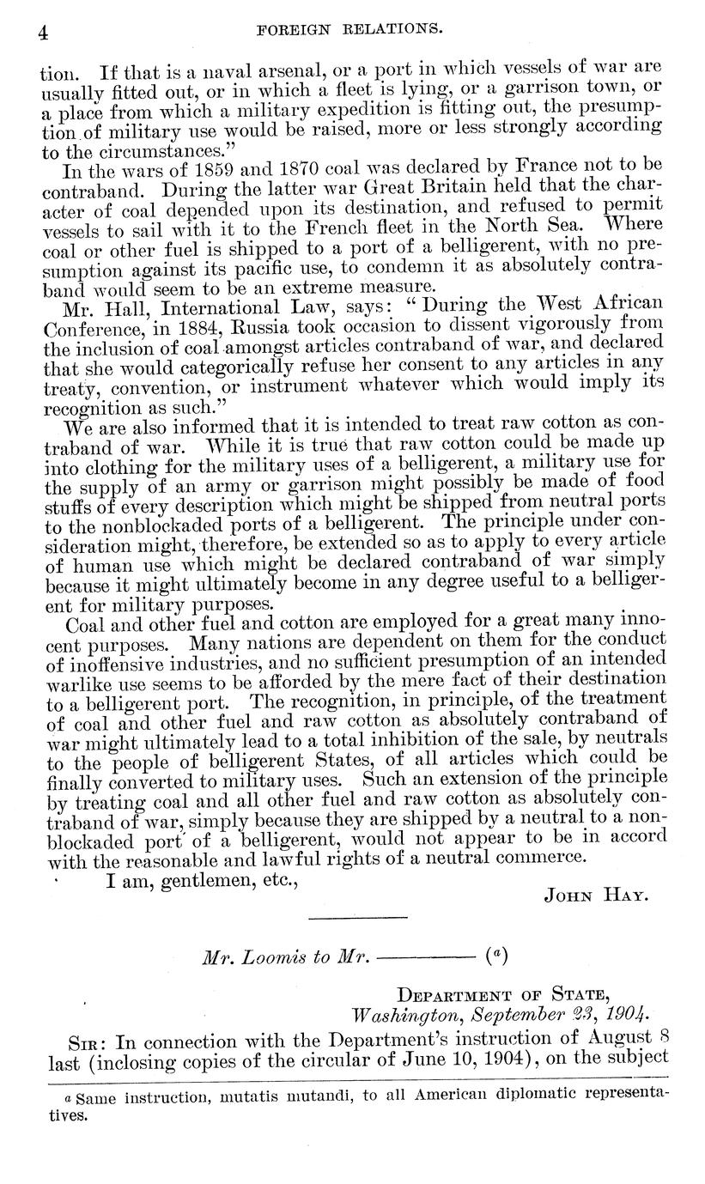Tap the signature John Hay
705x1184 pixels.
click(595, 896)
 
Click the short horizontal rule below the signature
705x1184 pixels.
click(357, 919)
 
